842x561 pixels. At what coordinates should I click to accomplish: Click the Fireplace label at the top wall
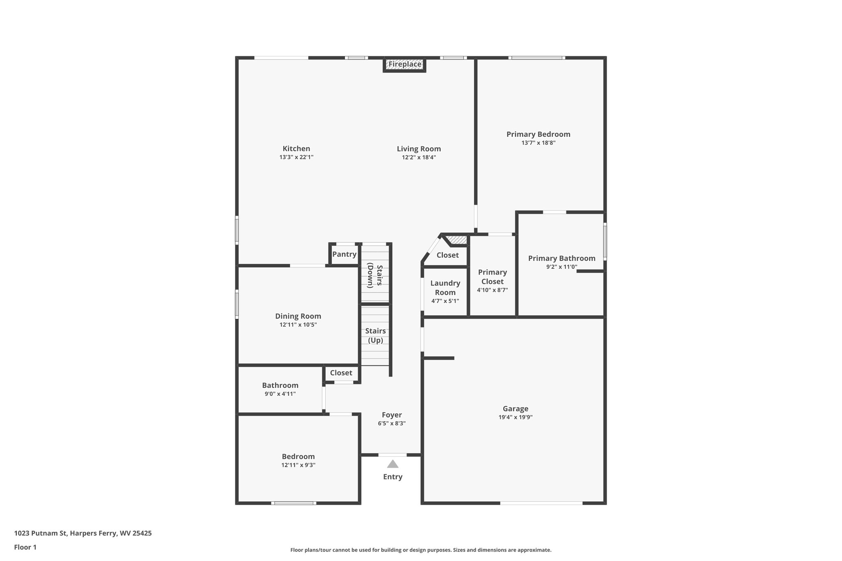click(x=405, y=64)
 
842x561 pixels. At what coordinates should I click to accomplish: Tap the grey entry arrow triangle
click(x=393, y=464)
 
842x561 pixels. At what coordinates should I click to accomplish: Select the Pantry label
click(x=344, y=254)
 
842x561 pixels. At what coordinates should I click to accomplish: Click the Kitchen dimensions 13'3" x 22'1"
click(x=296, y=157)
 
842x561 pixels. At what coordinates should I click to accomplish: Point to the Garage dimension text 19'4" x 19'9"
click(x=515, y=417)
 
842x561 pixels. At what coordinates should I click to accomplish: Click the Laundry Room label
click(x=445, y=288)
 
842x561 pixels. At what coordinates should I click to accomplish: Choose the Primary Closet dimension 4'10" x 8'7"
click(x=492, y=290)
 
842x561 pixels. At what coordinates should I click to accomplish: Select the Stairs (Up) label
click(x=375, y=335)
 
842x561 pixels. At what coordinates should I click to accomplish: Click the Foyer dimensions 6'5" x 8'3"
click(x=392, y=423)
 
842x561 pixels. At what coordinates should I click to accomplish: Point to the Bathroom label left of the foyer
click(x=280, y=385)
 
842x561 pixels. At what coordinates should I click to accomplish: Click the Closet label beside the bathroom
click(x=341, y=373)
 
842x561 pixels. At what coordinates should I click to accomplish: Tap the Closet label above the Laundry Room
click(x=447, y=255)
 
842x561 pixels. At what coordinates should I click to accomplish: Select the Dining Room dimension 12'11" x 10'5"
click(x=298, y=325)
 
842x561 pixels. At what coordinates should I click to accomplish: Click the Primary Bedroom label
click(x=538, y=134)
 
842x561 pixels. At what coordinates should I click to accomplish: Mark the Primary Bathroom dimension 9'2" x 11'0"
click(x=562, y=267)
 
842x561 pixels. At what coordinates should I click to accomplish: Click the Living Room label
click(x=419, y=149)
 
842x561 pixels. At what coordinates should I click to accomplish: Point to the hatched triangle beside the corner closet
click(x=458, y=239)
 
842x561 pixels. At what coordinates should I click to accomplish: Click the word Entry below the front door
click(x=393, y=477)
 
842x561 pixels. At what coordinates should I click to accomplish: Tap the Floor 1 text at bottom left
click(x=25, y=547)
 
